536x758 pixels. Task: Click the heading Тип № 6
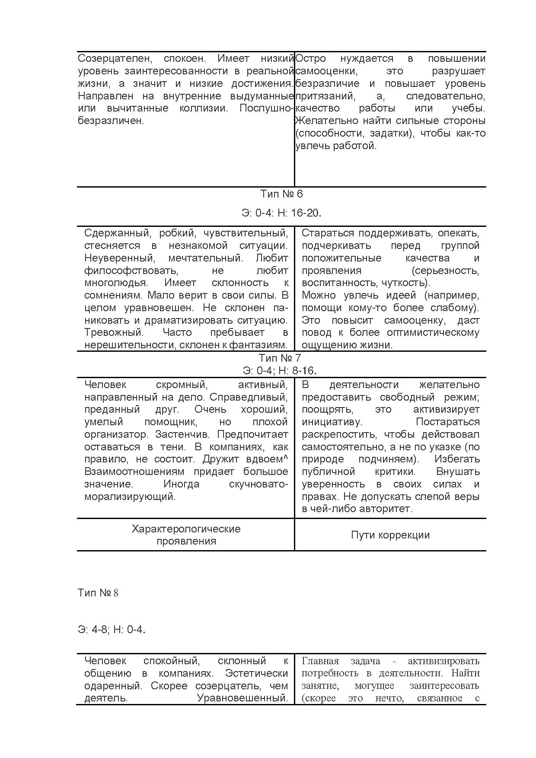pos(281,194)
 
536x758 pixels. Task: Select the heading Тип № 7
pos(280,358)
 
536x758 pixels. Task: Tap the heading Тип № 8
pos(98,592)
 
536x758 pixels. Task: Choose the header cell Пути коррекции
pos(390,535)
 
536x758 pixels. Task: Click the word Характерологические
pos(186,529)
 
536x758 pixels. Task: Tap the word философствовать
pos(131,271)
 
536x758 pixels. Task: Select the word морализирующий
pos(130,497)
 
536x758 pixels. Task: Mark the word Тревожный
pos(113,333)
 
